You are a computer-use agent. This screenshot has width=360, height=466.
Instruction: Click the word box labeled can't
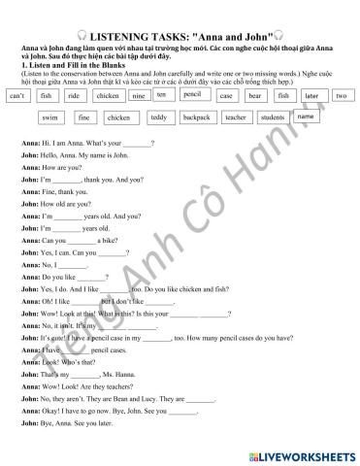pyautogui.click(x=17, y=97)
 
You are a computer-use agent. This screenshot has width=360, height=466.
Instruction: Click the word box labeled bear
pyautogui.click(x=254, y=97)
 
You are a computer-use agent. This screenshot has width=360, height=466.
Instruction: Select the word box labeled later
pyautogui.click(x=311, y=96)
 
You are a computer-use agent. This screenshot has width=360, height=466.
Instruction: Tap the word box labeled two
pyautogui.click(x=341, y=96)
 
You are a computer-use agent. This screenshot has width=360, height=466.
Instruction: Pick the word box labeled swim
pyautogui.click(x=49, y=117)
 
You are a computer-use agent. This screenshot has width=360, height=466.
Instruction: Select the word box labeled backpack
pyautogui.click(x=196, y=117)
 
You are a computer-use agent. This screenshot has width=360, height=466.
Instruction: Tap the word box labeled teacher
pyautogui.click(x=235, y=117)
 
